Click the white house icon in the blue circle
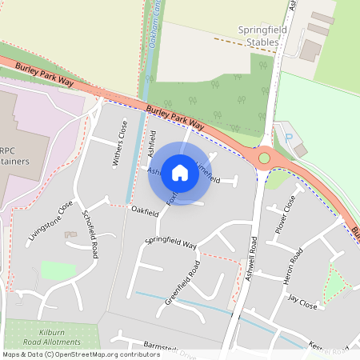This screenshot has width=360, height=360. pyautogui.click(x=180, y=172)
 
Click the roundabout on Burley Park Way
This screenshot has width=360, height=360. pyautogui.click(x=265, y=158)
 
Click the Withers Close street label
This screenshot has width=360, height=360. pyautogui.click(x=119, y=143)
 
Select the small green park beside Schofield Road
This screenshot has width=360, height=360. pyautogui.click(x=58, y=270)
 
